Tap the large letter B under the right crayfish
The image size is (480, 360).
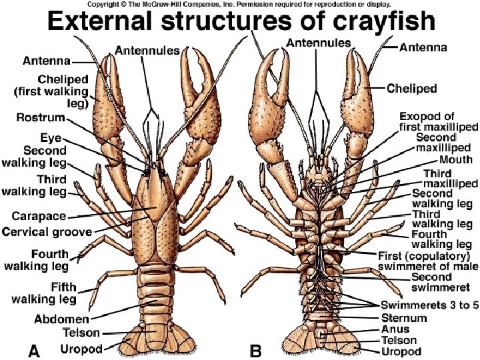pos(254,348)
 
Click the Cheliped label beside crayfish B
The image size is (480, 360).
pos(411,88)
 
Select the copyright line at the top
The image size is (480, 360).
pos(239,4)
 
